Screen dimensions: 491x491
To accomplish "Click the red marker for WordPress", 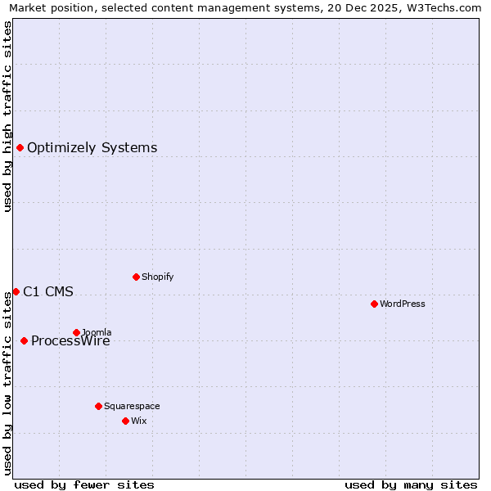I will (374, 304).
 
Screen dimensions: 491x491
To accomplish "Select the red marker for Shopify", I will (136, 277).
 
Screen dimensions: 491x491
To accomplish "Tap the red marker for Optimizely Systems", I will (20, 147).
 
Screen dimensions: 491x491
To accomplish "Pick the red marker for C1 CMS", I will (16, 291).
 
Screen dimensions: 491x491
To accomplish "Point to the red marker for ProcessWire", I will (24, 340).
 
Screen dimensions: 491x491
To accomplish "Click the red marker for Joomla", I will (76, 332).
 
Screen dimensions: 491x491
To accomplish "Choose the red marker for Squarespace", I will (98, 406).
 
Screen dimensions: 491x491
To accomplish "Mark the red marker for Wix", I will (125, 421).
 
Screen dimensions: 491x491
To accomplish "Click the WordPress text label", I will (403, 304).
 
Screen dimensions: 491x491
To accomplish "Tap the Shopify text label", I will (158, 277).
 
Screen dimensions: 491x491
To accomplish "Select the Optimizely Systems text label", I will (92, 147).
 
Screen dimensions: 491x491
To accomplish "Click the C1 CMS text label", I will (48, 291).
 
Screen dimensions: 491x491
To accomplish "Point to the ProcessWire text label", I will (71, 341).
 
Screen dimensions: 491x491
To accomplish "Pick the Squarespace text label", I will (132, 406).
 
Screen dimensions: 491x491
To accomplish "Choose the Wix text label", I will (139, 421).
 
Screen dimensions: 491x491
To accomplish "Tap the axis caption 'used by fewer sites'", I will (84, 484).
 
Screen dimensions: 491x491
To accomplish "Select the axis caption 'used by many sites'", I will (411, 484).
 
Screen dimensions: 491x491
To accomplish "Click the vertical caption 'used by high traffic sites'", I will (7, 116).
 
